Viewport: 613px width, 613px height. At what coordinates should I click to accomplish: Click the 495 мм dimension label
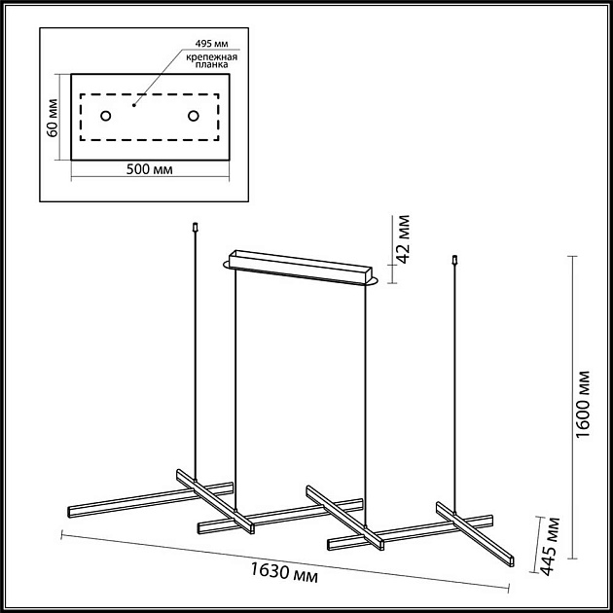pyautogui.click(x=211, y=44)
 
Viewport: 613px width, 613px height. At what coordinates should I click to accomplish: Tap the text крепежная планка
pyautogui.click(x=211, y=60)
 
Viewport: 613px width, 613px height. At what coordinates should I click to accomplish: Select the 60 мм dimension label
pyautogui.click(x=53, y=118)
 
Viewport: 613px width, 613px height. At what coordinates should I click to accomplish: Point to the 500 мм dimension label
pyautogui.click(x=150, y=169)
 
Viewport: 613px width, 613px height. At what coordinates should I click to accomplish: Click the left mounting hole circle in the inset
pyautogui.click(x=105, y=116)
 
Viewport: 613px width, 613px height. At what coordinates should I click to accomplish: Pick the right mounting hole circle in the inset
pyautogui.click(x=193, y=116)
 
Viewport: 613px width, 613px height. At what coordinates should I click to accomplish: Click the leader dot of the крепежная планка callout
pyautogui.click(x=133, y=105)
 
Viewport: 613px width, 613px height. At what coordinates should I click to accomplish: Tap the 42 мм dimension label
pyautogui.click(x=405, y=238)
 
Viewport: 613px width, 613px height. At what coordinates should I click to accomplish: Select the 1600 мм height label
pyautogui.click(x=583, y=404)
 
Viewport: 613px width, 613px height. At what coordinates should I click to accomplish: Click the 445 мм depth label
pyautogui.click(x=552, y=546)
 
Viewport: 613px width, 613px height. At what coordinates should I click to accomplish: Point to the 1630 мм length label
pyautogui.click(x=284, y=573)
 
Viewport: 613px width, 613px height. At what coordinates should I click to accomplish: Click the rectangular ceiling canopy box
pyautogui.click(x=301, y=267)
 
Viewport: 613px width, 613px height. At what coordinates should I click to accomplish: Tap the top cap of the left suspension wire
pyautogui.click(x=196, y=227)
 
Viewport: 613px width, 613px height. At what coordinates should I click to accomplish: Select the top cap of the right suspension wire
pyautogui.click(x=454, y=259)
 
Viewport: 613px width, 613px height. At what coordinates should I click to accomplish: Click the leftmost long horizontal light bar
pyautogui.click(x=150, y=500)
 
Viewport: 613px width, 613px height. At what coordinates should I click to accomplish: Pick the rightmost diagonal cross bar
pyautogui.click(x=475, y=534)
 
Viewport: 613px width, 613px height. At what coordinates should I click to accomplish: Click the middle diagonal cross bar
pyautogui.click(x=345, y=518)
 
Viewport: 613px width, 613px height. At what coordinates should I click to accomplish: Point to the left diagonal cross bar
pyautogui.click(x=215, y=501)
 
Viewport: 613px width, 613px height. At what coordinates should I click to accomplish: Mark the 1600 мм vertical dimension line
pyautogui.click(x=572, y=408)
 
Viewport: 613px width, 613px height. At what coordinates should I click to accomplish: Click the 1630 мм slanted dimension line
pyautogui.click(x=285, y=560)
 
